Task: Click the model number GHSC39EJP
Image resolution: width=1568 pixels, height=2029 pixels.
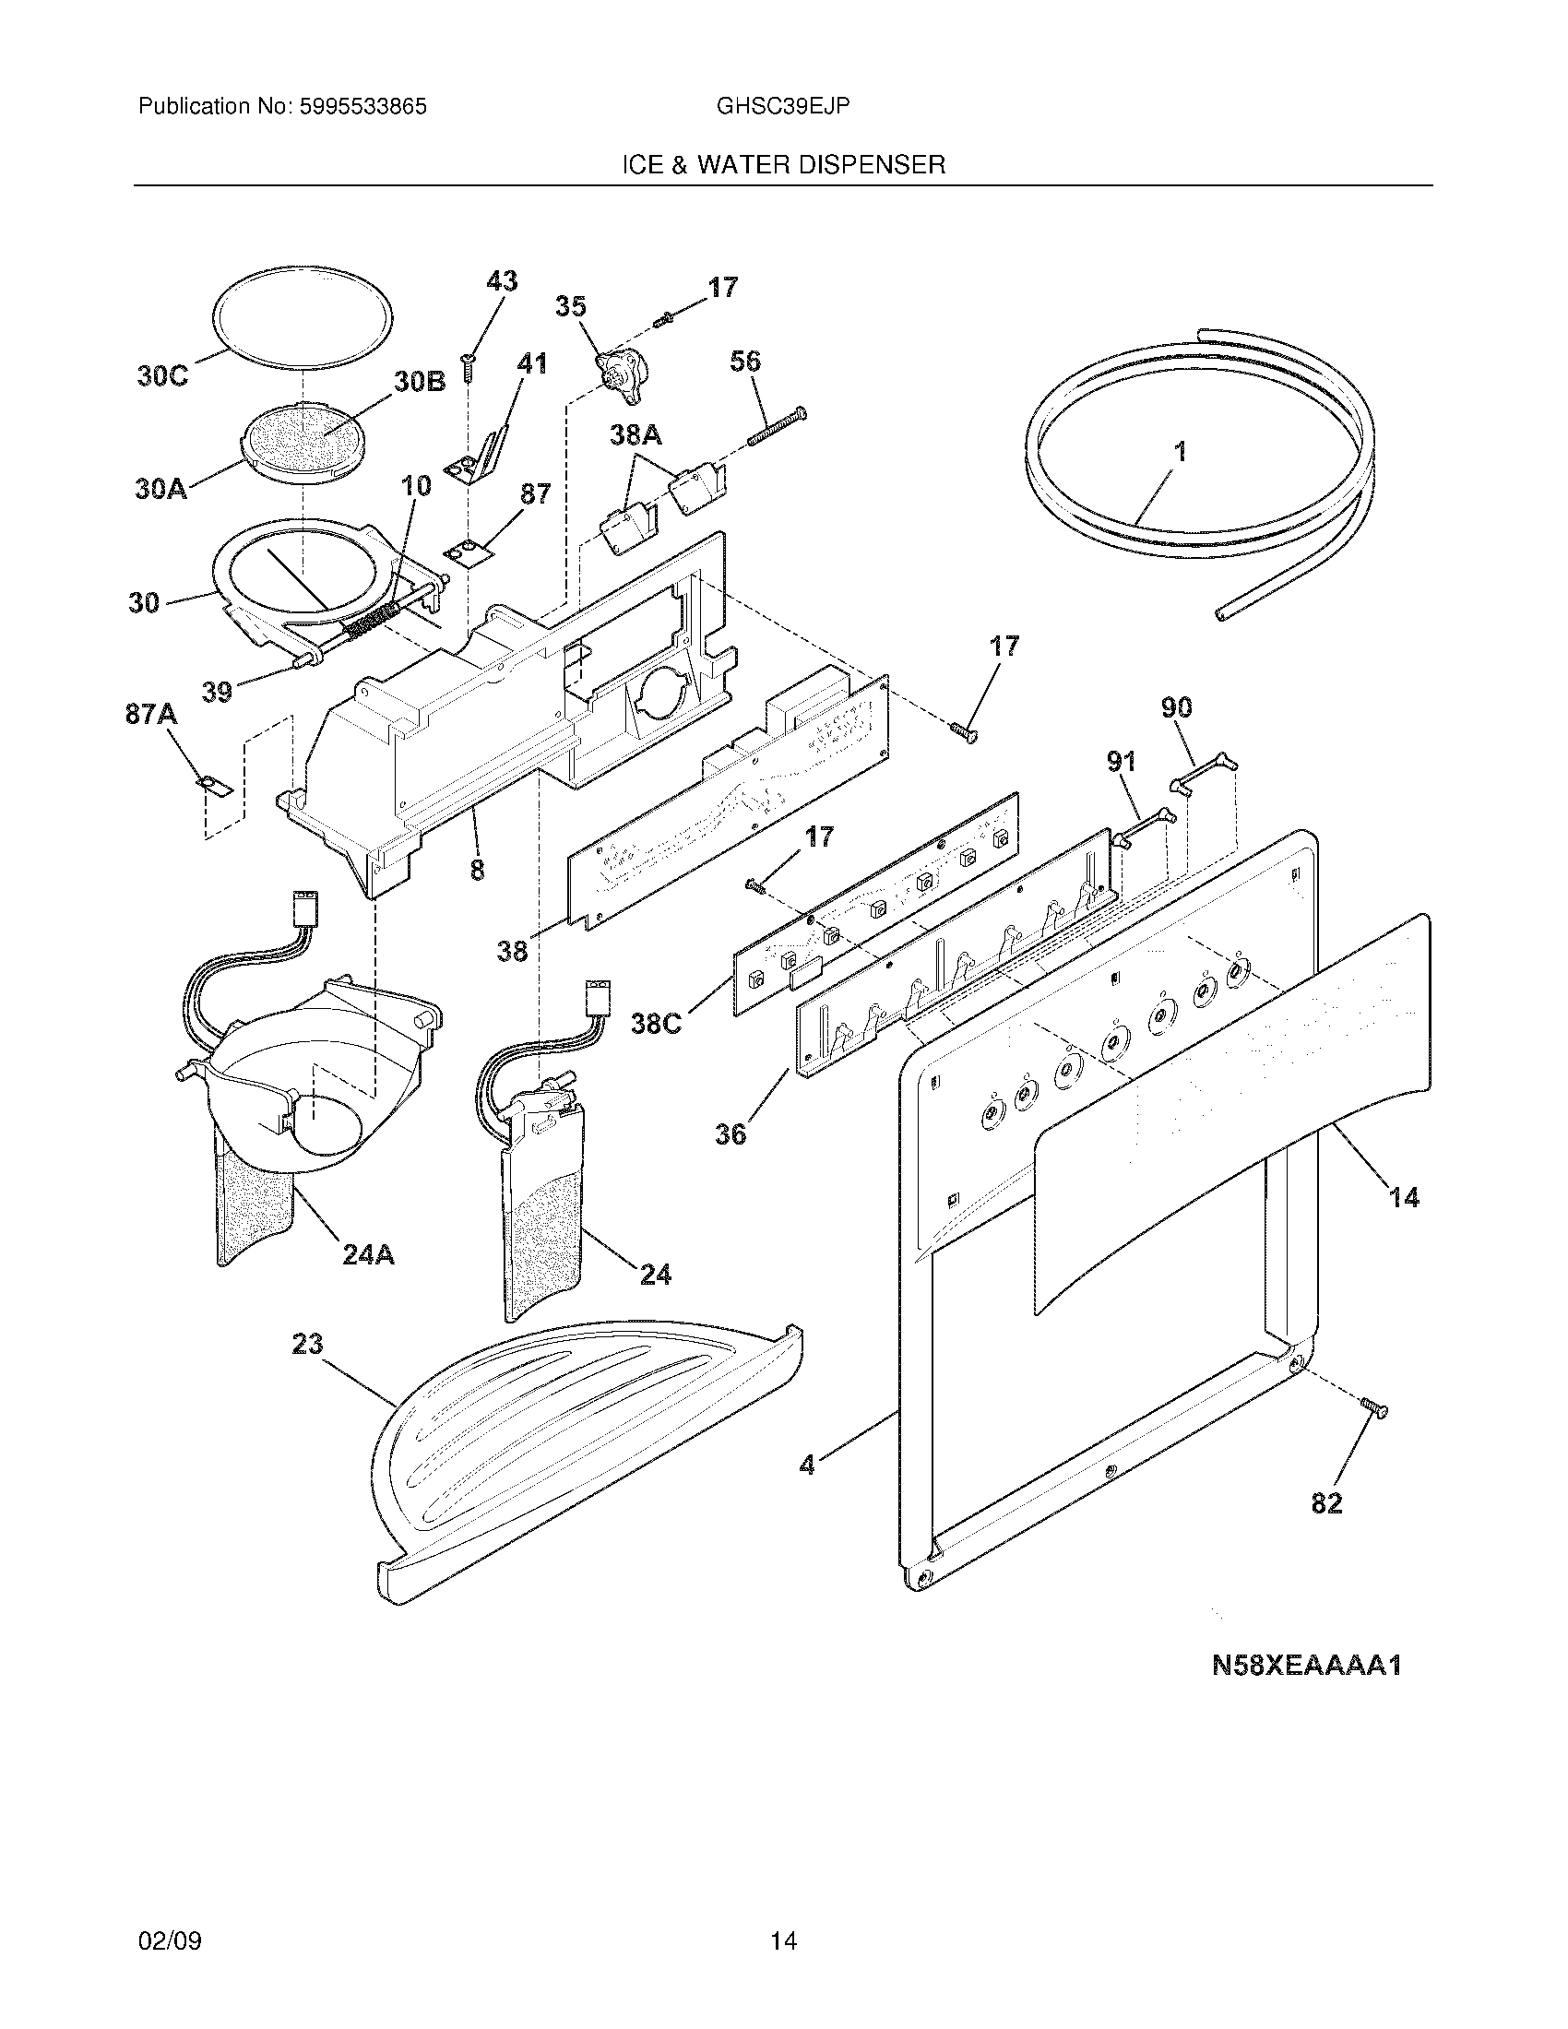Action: tap(782, 107)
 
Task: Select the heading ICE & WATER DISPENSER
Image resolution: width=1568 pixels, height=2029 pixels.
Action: tap(783, 165)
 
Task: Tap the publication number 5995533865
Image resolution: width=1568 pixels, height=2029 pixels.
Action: tap(363, 107)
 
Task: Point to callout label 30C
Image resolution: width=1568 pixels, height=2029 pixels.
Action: tap(161, 376)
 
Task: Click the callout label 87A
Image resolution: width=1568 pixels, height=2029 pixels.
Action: tap(151, 715)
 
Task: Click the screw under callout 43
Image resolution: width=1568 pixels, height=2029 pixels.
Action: tap(469, 369)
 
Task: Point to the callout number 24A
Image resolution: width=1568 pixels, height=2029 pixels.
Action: tap(367, 1255)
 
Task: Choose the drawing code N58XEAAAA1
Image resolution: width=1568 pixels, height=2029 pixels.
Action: tap(1306, 1666)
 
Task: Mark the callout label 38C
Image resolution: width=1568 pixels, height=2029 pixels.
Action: tap(657, 1024)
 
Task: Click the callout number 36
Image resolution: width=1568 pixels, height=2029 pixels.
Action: tap(731, 1133)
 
